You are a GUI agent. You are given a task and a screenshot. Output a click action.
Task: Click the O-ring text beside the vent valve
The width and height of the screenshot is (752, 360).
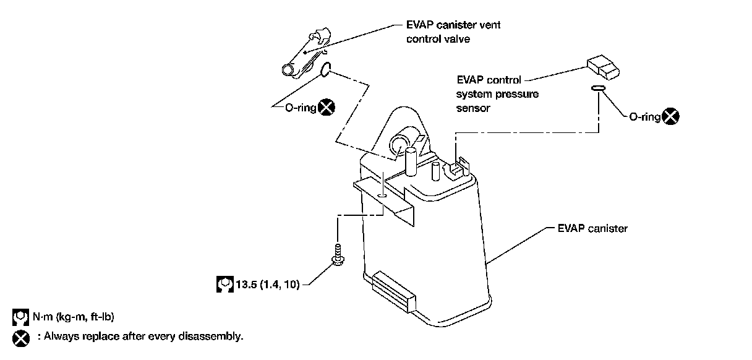point(301,108)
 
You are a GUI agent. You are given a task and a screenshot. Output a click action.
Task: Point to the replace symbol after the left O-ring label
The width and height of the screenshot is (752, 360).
point(325,107)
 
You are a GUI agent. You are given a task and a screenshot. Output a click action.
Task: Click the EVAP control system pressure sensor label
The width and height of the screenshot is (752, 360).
point(497,93)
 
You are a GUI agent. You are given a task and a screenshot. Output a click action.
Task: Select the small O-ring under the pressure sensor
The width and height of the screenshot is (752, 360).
point(597,88)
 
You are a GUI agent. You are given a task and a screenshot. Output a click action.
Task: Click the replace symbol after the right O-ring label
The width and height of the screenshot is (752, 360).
point(670,116)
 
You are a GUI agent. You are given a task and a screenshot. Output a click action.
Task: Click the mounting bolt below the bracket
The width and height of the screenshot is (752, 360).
point(338,255)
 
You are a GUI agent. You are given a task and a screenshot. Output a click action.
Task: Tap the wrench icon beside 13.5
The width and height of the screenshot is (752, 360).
point(225,285)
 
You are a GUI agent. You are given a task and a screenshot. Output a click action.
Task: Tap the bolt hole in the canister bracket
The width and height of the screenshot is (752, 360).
point(383,196)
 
